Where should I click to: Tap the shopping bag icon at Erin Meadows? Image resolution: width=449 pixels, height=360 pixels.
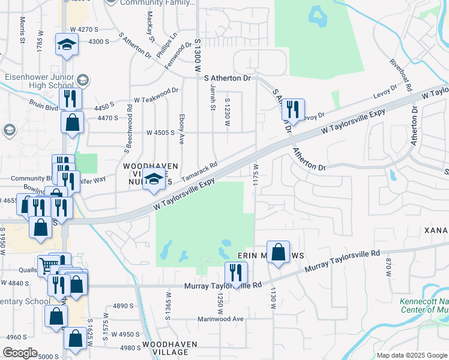pos(279,253)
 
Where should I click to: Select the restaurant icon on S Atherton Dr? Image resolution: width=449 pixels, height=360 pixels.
pos(292,110)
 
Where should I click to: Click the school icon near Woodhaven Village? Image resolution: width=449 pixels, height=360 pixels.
pos(154,179)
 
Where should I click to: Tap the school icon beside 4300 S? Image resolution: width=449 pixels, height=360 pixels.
pos(67,44)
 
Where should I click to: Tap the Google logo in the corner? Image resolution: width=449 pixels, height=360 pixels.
pos(20,353)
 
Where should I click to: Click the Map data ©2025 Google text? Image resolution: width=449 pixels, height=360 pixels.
pos(411,355)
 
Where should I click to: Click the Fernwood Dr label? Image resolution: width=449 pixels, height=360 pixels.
pos(182,52)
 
